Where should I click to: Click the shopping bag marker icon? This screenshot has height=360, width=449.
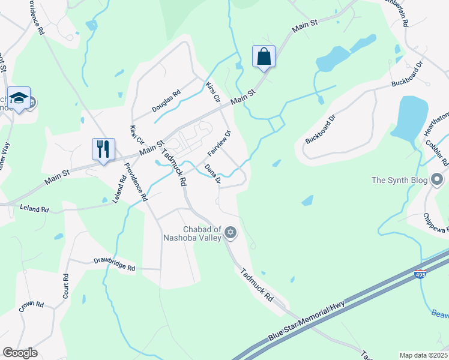264,57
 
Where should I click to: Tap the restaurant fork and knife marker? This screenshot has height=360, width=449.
103,148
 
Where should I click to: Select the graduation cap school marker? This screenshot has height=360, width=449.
19,98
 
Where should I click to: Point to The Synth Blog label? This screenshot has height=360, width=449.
399,180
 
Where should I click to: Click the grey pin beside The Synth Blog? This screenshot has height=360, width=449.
437,179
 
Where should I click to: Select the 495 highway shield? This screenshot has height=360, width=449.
421,275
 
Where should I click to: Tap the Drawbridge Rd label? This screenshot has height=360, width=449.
114,264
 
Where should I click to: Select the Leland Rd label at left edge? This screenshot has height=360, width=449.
34,209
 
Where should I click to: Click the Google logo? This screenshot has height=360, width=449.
20,353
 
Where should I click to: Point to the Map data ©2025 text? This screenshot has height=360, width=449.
423,355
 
